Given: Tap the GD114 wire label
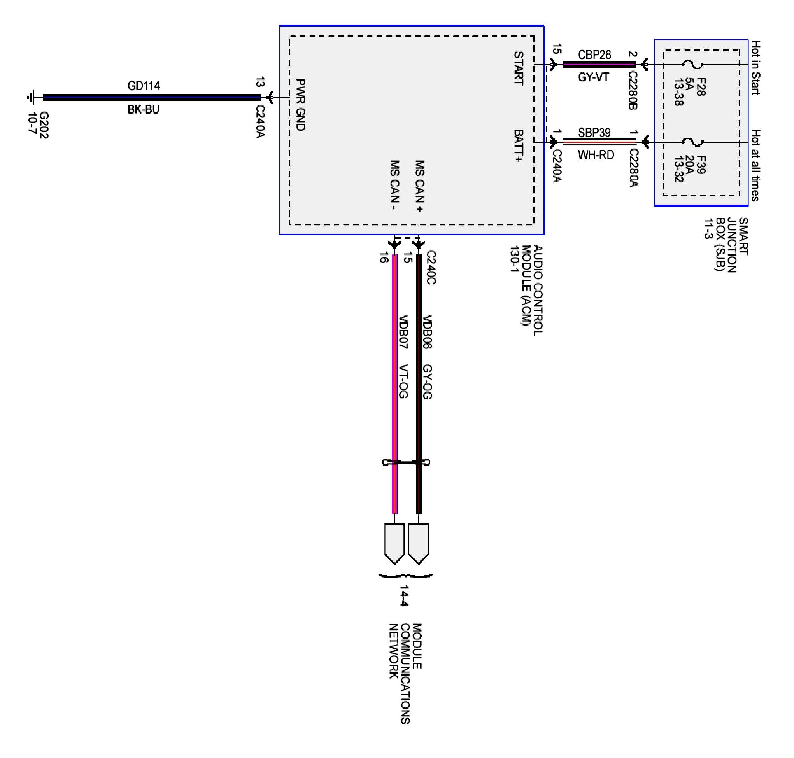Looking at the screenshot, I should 144,86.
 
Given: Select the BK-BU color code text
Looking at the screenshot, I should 144,110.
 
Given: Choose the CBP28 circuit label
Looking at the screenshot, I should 594,55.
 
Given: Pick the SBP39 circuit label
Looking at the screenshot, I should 594,133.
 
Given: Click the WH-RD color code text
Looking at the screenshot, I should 596,155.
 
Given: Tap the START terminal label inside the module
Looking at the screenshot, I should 519,68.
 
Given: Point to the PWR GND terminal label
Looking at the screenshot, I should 301,105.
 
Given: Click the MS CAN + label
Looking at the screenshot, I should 420,186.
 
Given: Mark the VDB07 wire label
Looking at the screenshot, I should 403,331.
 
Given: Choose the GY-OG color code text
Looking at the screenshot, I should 427,382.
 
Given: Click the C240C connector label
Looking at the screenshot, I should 431,268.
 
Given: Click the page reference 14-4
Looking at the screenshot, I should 404,595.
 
